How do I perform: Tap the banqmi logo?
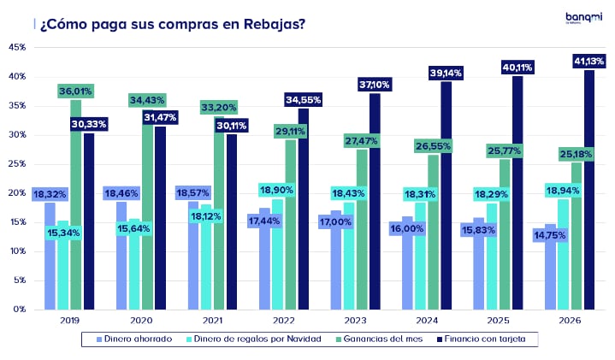point(583,18)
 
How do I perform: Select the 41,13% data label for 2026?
point(588,61)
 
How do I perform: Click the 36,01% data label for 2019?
point(75,91)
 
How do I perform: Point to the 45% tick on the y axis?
point(17,47)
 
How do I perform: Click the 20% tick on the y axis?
point(17,192)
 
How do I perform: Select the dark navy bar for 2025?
point(517,192)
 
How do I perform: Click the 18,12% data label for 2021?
point(205,217)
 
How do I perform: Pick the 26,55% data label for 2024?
point(434,146)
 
